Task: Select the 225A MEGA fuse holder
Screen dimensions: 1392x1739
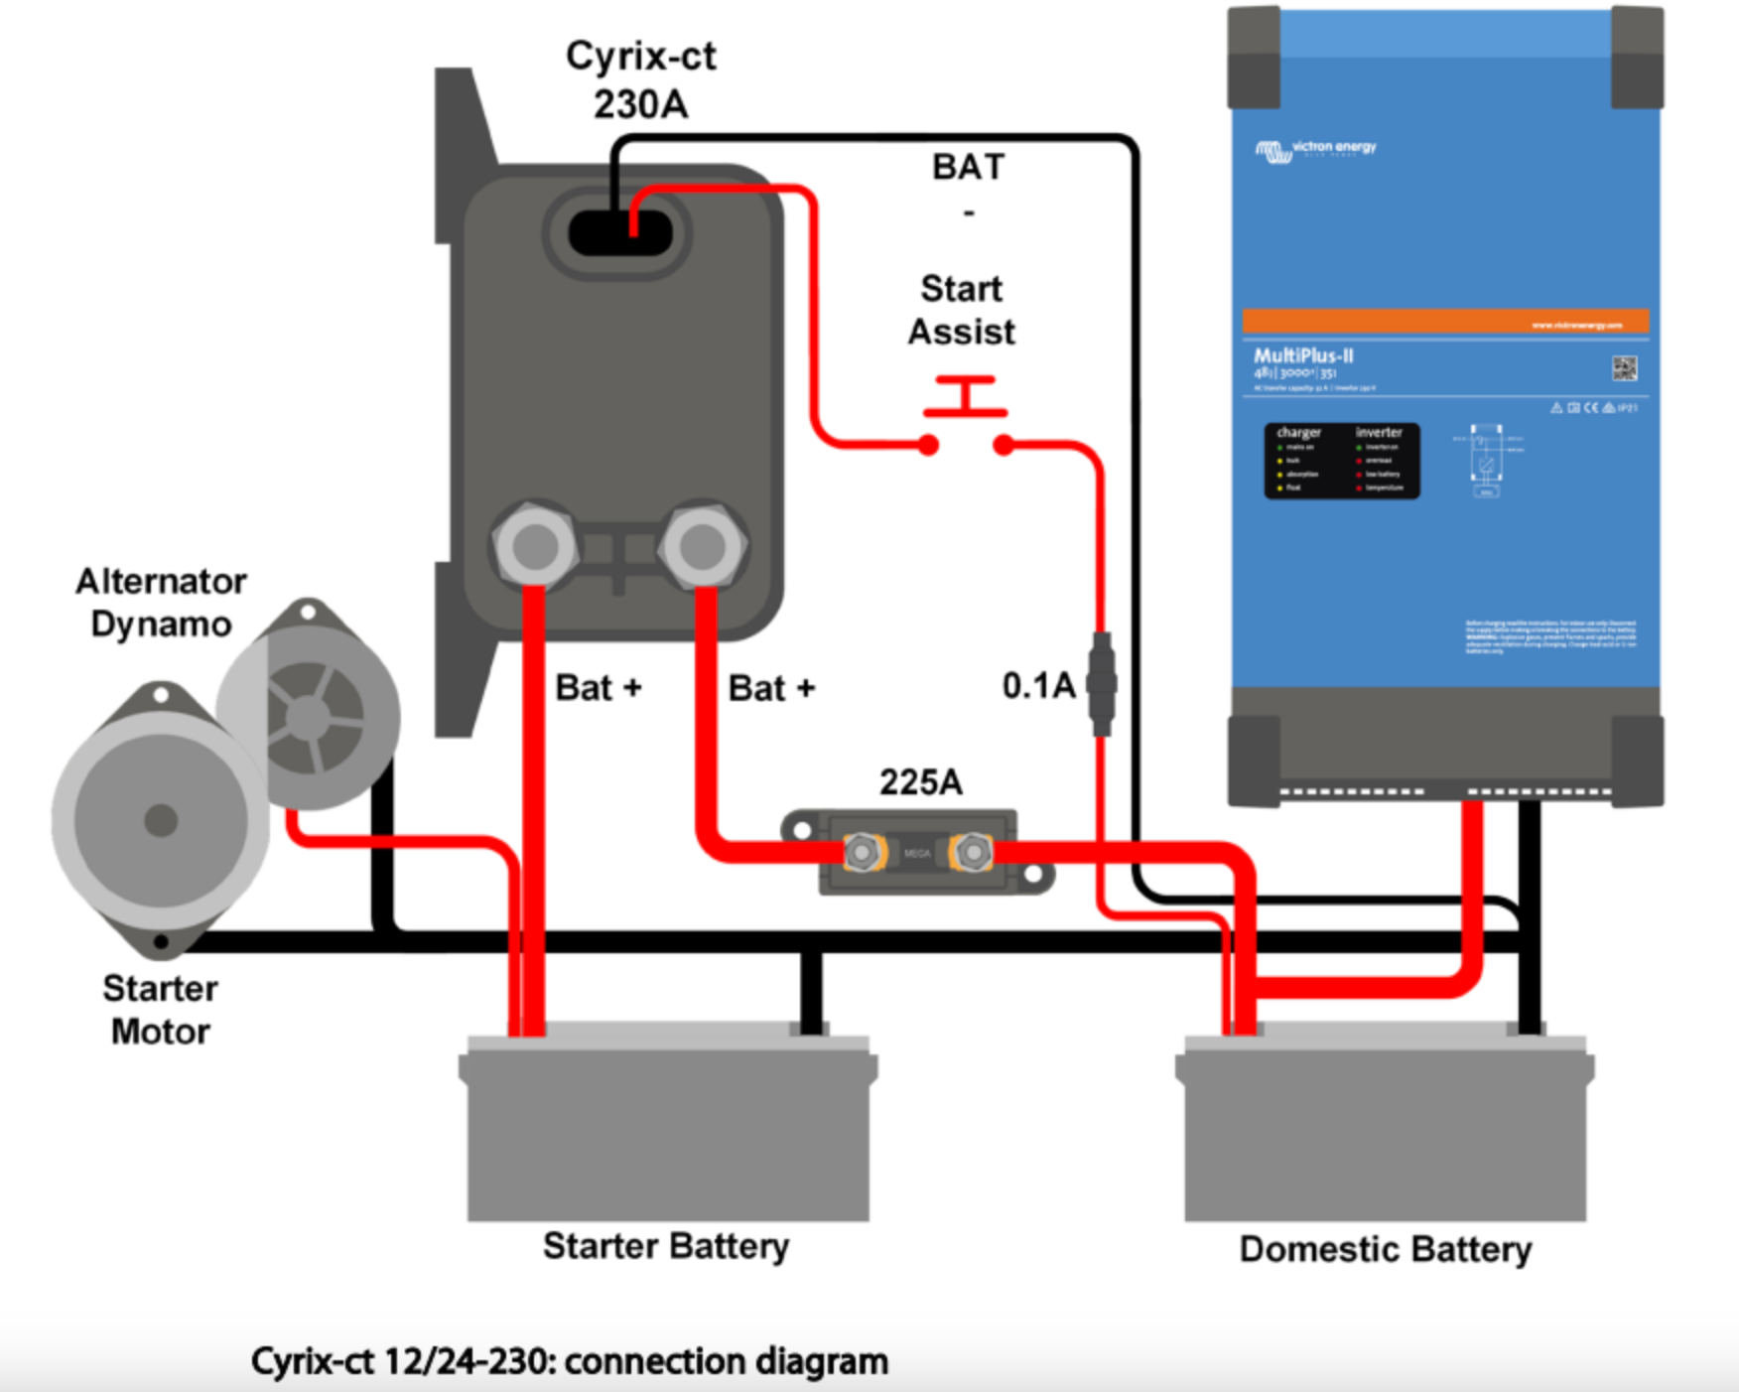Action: pyautogui.click(x=917, y=852)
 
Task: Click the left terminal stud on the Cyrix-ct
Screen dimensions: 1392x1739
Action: pyautogui.click(x=535, y=545)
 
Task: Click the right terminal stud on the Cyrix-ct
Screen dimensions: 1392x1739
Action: pyautogui.click(x=703, y=545)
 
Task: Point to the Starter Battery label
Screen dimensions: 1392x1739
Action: pyautogui.click(x=666, y=1246)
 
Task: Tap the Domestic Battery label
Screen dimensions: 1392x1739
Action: pyautogui.click(x=1386, y=1249)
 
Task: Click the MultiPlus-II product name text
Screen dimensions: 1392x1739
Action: pyautogui.click(x=1303, y=355)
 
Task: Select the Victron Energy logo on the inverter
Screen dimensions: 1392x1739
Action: pyautogui.click(x=1316, y=150)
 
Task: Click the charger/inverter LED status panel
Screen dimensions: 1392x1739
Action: pyautogui.click(x=1341, y=461)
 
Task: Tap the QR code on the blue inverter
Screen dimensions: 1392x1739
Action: pyautogui.click(x=1624, y=369)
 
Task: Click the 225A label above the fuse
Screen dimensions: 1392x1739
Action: pyautogui.click(x=921, y=782)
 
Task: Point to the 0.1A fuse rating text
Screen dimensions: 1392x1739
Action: pyautogui.click(x=1038, y=685)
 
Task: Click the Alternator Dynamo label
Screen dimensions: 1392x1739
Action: pyautogui.click(x=161, y=603)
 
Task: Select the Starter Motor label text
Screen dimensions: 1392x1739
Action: pyautogui.click(x=161, y=1010)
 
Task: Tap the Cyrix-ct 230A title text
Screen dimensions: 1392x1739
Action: pyautogui.click(x=641, y=79)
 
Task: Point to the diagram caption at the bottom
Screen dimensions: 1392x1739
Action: pyautogui.click(x=569, y=1361)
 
